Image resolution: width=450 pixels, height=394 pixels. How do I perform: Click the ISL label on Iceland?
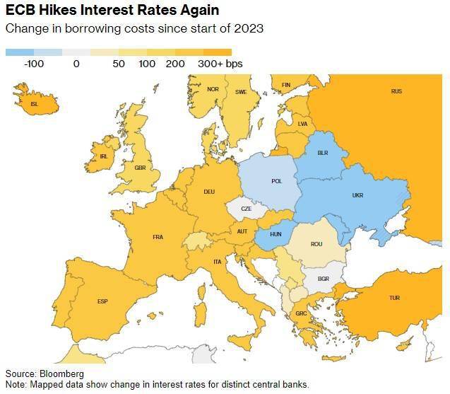click(x=35, y=103)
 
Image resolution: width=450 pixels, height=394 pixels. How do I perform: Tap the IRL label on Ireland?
click(x=104, y=156)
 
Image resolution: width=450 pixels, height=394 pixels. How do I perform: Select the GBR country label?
click(x=140, y=168)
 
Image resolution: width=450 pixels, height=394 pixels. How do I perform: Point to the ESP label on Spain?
click(x=102, y=301)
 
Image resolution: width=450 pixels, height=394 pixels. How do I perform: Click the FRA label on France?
click(x=158, y=237)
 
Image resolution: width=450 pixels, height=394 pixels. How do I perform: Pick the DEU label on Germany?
click(x=209, y=192)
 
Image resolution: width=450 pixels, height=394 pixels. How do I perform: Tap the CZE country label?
click(x=246, y=209)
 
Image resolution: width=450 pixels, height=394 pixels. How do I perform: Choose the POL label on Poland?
click(x=277, y=181)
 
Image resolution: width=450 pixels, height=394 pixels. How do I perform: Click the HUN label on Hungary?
click(x=275, y=234)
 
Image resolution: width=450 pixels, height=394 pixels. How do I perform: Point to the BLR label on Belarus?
click(x=323, y=153)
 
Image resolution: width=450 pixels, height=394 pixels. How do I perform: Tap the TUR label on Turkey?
click(x=394, y=298)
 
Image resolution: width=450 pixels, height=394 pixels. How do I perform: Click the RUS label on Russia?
click(x=396, y=91)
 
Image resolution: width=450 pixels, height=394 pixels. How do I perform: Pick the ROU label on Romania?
click(x=316, y=244)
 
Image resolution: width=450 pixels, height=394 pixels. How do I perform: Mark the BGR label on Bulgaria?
click(x=324, y=279)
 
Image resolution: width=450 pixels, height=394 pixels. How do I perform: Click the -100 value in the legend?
click(x=34, y=64)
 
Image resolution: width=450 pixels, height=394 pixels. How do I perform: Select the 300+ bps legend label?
click(x=220, y=64)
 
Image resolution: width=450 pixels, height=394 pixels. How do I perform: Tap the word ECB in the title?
click(x=20, y=11)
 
